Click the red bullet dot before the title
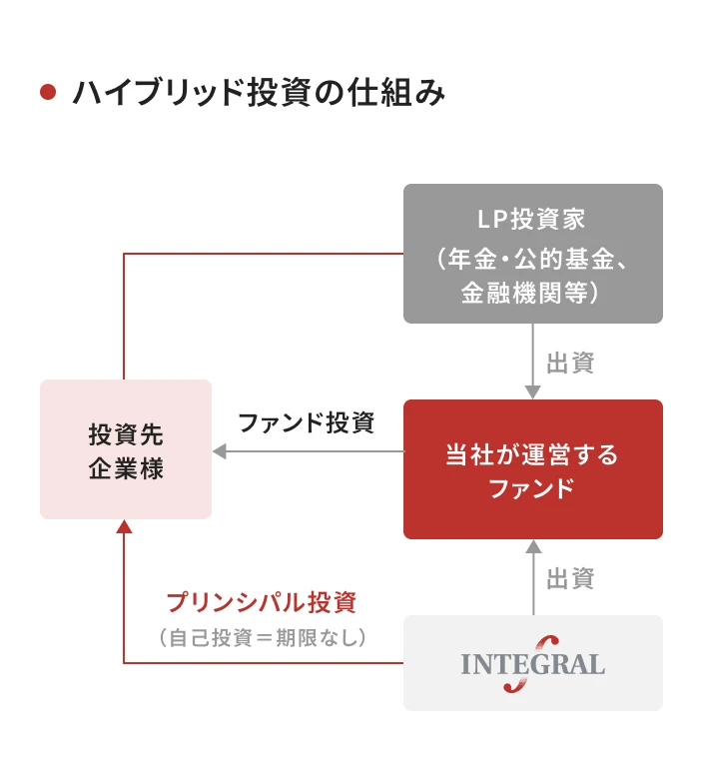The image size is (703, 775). [46, 93]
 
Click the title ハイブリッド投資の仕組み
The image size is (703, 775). [259, 93]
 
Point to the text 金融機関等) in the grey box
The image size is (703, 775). [532, 293]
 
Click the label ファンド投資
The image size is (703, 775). [306, 422]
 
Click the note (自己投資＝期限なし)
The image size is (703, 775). [263, 636]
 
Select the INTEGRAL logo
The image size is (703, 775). [532, 663]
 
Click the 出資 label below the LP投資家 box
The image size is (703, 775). [570, 362]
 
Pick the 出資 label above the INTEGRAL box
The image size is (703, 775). [570, 577]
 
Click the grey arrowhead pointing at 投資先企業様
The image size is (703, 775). [220, 451]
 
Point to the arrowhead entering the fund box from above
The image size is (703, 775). [533, 391]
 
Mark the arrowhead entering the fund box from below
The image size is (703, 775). [533, 547]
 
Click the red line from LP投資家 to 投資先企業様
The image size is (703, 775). [260, 254]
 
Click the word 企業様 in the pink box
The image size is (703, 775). [125, 468]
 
